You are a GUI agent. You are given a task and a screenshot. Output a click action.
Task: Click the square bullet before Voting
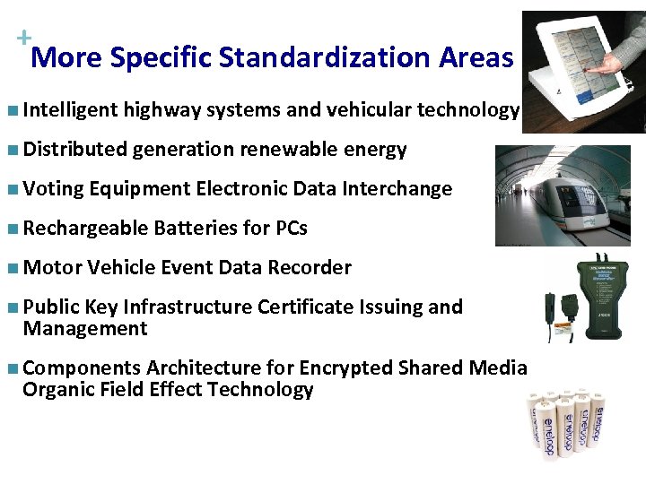coord(10,189)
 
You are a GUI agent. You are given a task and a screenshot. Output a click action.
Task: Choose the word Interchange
coord(401,189)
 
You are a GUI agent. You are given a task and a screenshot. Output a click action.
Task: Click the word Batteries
coord(195,229)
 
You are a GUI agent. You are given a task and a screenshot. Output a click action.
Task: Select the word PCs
coord(291,229)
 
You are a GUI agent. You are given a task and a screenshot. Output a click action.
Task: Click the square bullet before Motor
coord(10,268)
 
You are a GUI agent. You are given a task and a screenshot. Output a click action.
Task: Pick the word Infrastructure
coord(188,307)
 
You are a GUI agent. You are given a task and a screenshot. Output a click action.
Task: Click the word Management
coord(84,329)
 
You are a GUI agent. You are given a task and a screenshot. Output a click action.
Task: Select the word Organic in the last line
coord(57,390)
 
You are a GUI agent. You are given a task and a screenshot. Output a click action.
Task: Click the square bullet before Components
coord(10,368)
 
